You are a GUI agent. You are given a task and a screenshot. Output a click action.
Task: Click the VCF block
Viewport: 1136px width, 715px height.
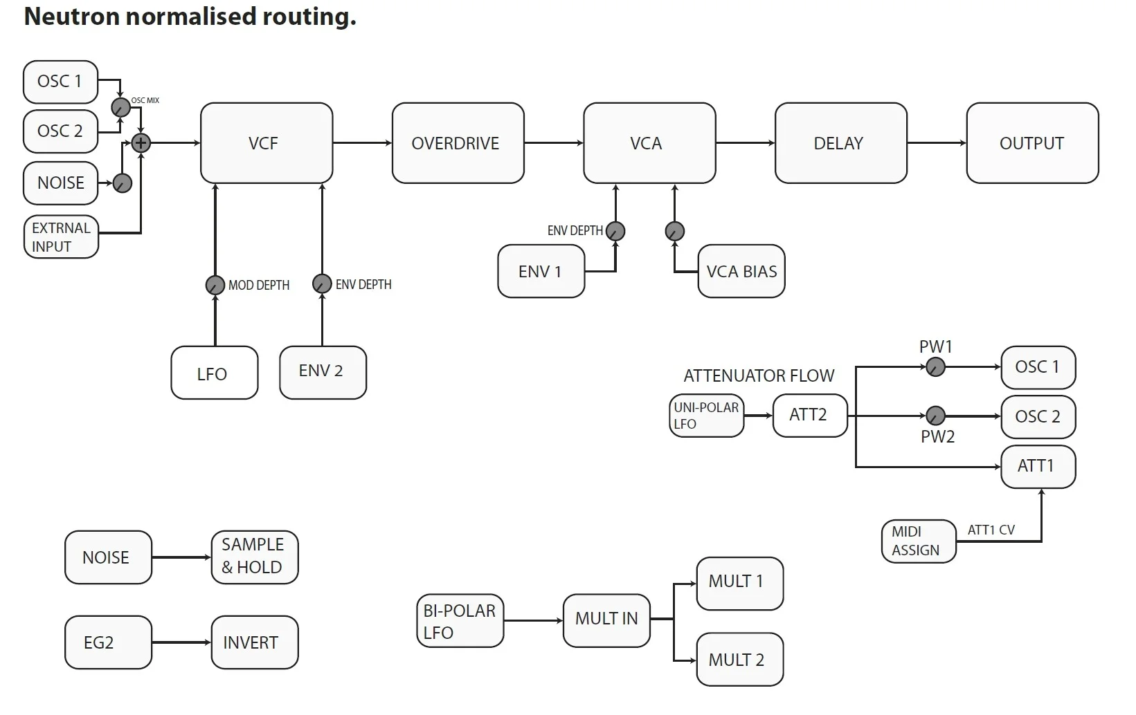[x=267, y=143]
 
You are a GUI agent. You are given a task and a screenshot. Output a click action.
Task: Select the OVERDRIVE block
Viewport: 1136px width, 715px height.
[x=458, y=143]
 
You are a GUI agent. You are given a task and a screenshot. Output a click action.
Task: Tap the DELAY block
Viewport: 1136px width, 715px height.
[x=841, y=143]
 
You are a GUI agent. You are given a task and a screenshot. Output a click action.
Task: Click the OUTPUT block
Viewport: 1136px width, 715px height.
[x=1033, y=143]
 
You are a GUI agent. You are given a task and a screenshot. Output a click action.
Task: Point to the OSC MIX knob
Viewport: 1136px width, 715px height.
[x=120, y=107]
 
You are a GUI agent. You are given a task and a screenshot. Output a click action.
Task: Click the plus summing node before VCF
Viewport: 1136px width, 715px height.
[x=141, y=143]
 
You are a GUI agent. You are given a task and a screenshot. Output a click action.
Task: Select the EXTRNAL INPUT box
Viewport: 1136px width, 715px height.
[x=61, y=236]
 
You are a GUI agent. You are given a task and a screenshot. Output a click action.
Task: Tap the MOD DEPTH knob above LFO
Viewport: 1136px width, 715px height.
[x=215, y=285]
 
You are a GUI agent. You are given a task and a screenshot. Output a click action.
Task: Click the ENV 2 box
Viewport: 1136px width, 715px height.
[x=323, y=373]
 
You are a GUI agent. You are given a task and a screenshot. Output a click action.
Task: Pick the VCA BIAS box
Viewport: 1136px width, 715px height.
[x=741, y=271]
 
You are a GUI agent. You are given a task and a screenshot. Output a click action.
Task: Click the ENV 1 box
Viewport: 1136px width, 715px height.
[x=541, y=271]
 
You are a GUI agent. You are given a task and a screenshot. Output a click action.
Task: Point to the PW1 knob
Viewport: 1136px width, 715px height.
[x=935, y=367]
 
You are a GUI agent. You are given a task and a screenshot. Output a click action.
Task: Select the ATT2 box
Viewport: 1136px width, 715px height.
[x=810, y=416]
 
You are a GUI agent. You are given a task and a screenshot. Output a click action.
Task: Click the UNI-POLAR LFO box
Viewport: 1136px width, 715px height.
[x=706, y=416]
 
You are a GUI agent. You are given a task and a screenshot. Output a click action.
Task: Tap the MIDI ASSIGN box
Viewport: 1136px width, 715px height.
[x=919, y=541]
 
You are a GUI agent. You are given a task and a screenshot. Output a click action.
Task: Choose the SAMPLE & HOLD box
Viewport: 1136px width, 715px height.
[x=255, y=557]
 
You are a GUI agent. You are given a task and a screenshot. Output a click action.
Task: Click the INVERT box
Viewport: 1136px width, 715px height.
[x=255, y=642]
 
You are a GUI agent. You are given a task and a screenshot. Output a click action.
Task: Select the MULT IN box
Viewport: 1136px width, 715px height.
[x=606, y=620]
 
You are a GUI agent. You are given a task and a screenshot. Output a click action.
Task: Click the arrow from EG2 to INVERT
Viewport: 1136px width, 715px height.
[x=181, y=642]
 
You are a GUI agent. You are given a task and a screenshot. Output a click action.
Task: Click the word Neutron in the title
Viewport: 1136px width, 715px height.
[x=71, y=16]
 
